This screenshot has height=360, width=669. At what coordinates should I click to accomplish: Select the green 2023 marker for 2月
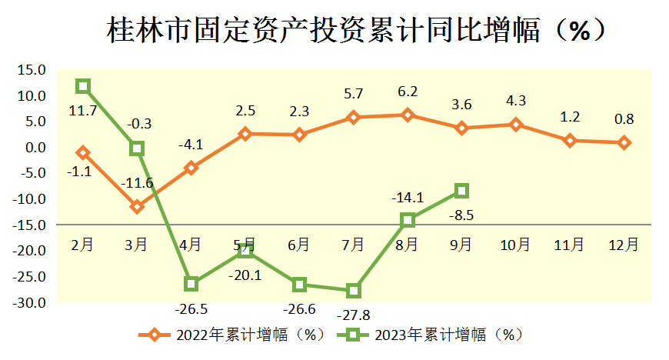pos(83,86)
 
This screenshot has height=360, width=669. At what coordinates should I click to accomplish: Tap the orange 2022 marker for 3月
pos(137,207)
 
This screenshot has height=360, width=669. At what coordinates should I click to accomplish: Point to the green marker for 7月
pos(353,291)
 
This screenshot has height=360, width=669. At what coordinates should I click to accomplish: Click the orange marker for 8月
pos(408,115)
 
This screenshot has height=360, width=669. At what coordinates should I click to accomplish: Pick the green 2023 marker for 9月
pos(461,191)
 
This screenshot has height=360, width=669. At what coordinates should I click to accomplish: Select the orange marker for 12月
pos(624,142)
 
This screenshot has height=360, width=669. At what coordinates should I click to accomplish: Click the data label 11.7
pos(82,111)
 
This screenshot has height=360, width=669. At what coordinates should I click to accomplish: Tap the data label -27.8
pos(353,315)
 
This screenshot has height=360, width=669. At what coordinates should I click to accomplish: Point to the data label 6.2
pos(408,92)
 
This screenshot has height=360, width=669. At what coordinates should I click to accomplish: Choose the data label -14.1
pos(408,196)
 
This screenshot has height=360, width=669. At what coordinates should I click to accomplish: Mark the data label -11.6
pos(137,183)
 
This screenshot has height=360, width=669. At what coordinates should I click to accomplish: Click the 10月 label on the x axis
pos(515,245)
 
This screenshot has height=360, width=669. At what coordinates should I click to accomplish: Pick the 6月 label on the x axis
pos(298,245)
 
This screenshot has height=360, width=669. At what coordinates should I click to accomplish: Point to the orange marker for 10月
pos(515,125)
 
